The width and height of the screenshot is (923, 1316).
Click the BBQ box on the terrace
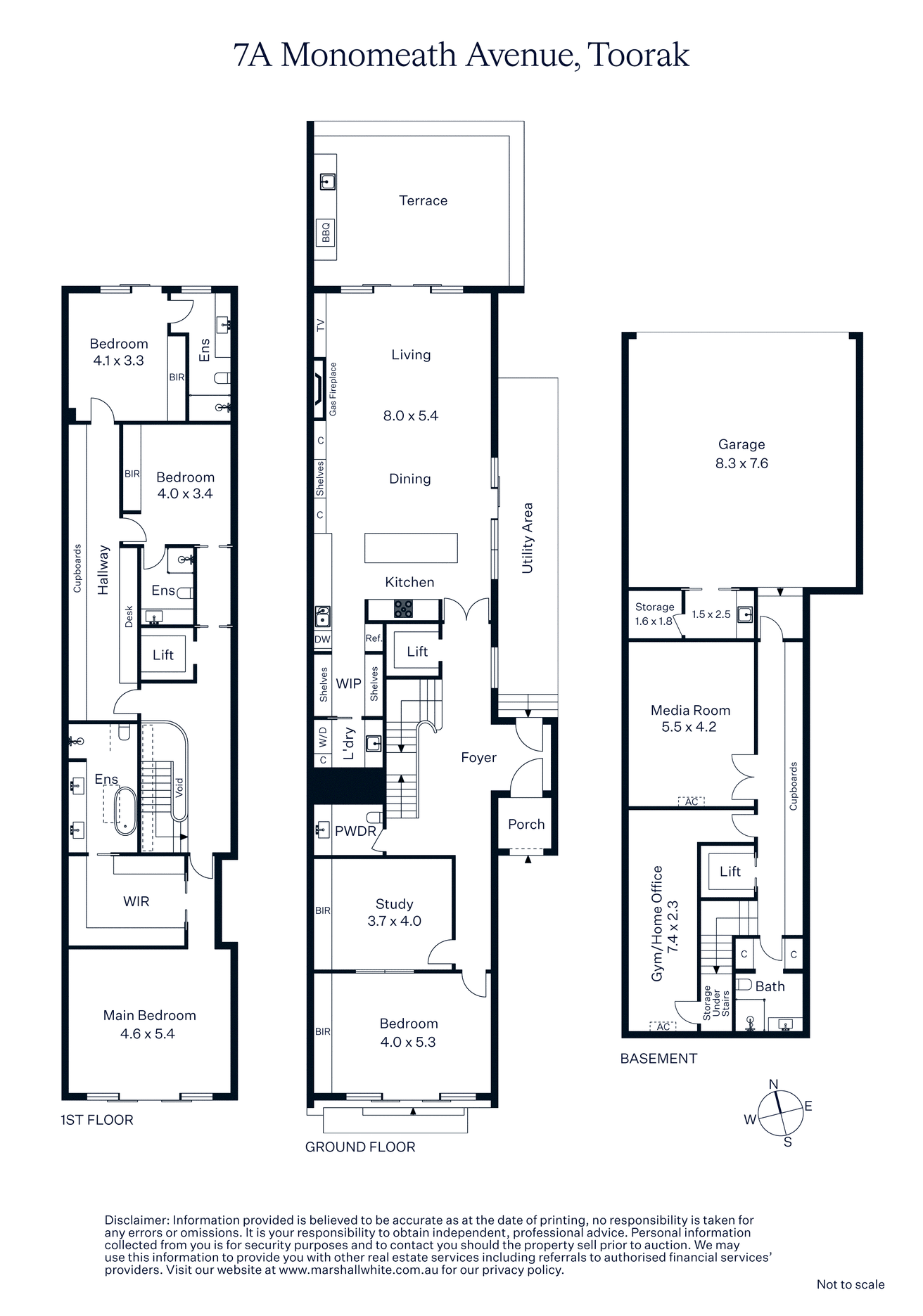(x=326, y=232)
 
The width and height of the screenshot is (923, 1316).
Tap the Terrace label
(x=423, y=200)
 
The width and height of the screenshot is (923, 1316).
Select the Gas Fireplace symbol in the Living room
(x=320, y=389)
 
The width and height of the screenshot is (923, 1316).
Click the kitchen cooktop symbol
(x=403, y=609)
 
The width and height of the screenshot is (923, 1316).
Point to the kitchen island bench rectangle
(x=411, y=548)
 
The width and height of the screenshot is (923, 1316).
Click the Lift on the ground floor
(x=417, y=652)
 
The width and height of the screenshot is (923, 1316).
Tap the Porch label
(x=526, y=824)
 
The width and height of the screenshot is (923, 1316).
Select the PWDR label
(x=355, y=831)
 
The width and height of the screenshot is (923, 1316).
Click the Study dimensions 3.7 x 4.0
(x=394, y=921)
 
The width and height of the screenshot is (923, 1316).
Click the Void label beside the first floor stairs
(x=179, y=787)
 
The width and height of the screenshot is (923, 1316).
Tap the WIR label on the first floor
(x=136, y=901)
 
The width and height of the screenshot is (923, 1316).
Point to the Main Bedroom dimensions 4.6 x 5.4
(x=147, y=1033)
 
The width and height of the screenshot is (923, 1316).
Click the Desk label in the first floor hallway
(x=129, y=617)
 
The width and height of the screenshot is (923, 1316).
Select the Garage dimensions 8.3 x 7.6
(x=741, y=463)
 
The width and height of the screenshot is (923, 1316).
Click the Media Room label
(x=690, y=710)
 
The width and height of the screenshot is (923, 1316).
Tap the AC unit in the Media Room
(x=691, y=801)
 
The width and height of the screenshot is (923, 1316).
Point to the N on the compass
(x=773, y=1084)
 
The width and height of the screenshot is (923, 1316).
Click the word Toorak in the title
(x=638, y=55)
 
